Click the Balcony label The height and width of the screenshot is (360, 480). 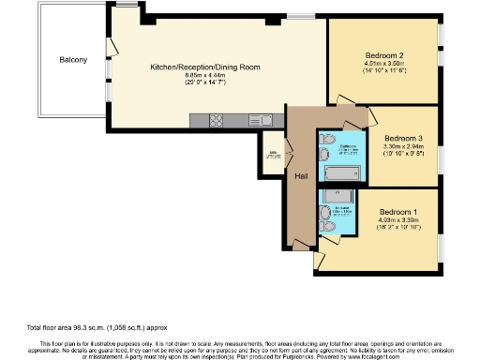pos(73,60)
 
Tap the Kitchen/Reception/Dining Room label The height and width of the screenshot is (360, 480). pos(197,67)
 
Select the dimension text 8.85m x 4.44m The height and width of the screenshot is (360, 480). pos(197,76)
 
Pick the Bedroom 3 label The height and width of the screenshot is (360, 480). pos(404,137)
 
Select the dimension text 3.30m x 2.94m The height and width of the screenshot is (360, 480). pos(404,146)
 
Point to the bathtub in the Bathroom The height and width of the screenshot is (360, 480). pos(341,174)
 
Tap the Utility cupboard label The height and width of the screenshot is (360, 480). pos(274,155)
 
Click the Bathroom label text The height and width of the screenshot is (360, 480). pos(346,147)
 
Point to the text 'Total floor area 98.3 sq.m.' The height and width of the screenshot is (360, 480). pos(64,327)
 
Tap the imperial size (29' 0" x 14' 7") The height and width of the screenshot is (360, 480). pos(197,84)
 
